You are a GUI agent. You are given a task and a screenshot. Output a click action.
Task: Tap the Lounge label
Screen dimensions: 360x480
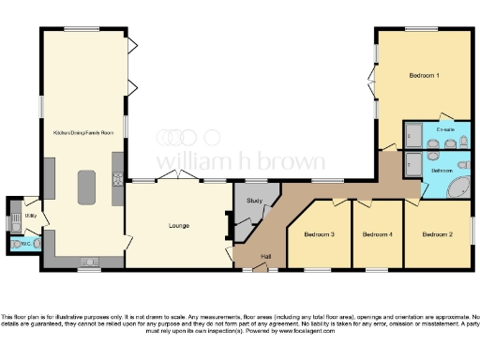point(179,225)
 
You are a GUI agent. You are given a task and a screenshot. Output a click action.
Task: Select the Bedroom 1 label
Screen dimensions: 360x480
point(424,74)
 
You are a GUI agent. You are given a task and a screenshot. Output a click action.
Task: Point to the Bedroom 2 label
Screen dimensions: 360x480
point(436,233)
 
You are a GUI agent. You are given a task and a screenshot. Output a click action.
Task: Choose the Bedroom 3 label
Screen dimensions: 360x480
point(319,233)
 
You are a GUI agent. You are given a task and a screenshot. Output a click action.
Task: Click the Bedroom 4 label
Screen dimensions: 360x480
point(377,233)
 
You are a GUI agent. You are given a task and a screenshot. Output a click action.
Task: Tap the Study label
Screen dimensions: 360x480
point(253,201)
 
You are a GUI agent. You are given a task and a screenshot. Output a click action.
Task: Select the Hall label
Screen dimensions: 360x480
point(265,257)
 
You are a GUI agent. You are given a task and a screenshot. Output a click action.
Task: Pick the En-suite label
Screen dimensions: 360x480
point(445,129)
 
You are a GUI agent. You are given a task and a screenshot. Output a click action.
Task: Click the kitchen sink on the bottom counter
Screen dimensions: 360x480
point(90,260)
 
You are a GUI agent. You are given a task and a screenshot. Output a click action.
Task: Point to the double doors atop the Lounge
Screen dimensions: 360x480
point(177,177)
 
